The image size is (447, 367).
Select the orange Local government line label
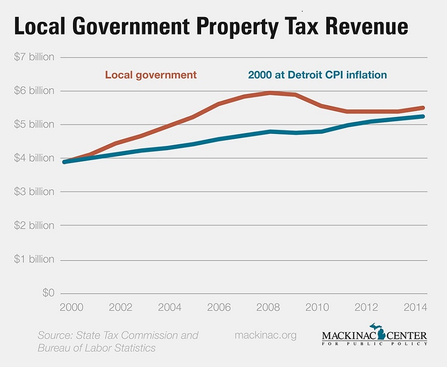(x=151, y=75)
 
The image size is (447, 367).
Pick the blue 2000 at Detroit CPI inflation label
(x=317, y=75)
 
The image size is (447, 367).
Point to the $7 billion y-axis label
(x=34, y=57)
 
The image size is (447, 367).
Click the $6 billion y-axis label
(x=34, y=91)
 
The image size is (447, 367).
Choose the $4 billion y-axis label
(x=34, y=158)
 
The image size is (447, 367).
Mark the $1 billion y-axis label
(x=34, y=259)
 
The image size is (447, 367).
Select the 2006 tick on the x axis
(x=219, y=308)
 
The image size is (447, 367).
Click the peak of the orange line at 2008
(x=270, y=92)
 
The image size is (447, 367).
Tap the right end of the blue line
(x=423, y=117)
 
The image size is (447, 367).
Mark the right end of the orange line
(x=423, y=108)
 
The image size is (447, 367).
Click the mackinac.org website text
(x=265, y=335)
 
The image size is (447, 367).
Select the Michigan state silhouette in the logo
(x=378, y=332)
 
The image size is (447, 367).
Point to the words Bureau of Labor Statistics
(x=97, y=348)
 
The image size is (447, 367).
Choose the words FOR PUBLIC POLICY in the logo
(x=374, y=344)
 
